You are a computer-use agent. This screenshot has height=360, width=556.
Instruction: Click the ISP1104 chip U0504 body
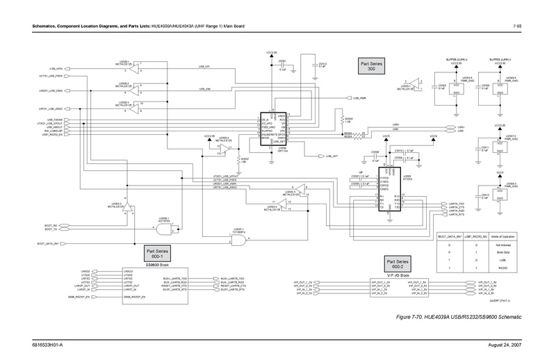273,129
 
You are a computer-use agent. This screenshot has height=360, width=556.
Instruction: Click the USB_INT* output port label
332,156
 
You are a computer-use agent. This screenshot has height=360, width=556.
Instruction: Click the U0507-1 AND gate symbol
238,240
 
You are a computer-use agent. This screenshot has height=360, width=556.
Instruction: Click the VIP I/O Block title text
398,275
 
